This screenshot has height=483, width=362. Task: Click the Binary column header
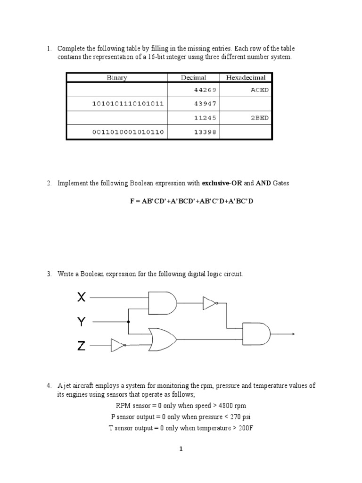116,77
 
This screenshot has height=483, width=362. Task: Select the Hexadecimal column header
245,77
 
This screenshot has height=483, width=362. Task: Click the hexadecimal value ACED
259,90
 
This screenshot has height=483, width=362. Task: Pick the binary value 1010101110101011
128,104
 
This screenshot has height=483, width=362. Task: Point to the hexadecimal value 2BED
259,118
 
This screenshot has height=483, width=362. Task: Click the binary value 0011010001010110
128,132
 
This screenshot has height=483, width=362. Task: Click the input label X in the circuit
82,297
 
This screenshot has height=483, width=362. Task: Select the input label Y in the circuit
82,322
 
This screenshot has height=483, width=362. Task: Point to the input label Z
82,346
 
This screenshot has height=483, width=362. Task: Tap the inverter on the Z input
118,346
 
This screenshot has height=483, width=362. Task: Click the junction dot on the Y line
128,322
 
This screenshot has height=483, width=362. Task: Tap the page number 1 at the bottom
181,449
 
